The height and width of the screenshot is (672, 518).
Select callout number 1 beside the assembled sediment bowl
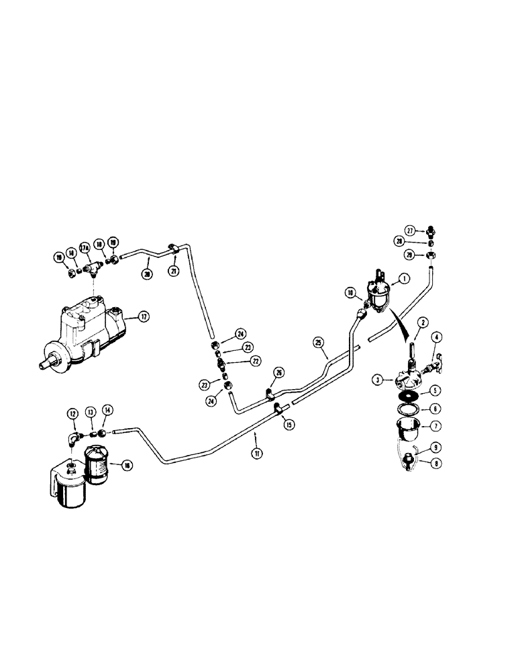(404, 279)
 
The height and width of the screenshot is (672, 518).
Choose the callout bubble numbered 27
(410, 229)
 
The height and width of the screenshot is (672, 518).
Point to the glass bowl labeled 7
(408, 425)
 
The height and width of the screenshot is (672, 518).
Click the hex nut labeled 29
(433, 255)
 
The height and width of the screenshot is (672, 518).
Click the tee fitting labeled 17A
(91, 267)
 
